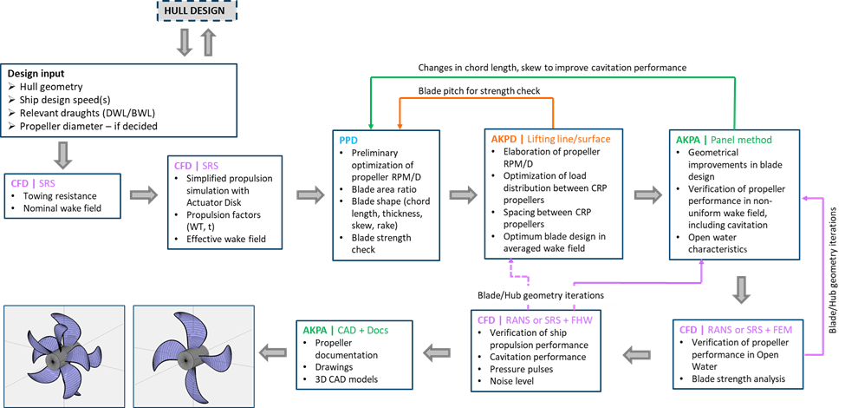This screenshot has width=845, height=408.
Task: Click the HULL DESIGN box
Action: tap(197, 10)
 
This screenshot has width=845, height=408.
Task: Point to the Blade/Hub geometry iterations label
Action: tap(544, 295)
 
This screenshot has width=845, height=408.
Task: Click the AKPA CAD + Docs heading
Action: tap(341, 330)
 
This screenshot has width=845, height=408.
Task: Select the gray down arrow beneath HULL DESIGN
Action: tap(185, 42)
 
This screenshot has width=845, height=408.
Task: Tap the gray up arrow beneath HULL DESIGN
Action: tap(208, 42)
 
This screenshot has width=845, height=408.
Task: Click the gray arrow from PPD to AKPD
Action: tap(463, 195)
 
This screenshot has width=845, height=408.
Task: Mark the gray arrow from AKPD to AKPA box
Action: tap(647, 195)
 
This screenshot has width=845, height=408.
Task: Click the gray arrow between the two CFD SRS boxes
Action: tap(144, 195)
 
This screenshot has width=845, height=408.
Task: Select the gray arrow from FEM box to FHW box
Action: tap(639, 353)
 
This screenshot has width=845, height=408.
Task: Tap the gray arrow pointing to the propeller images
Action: tap(274, 352)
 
